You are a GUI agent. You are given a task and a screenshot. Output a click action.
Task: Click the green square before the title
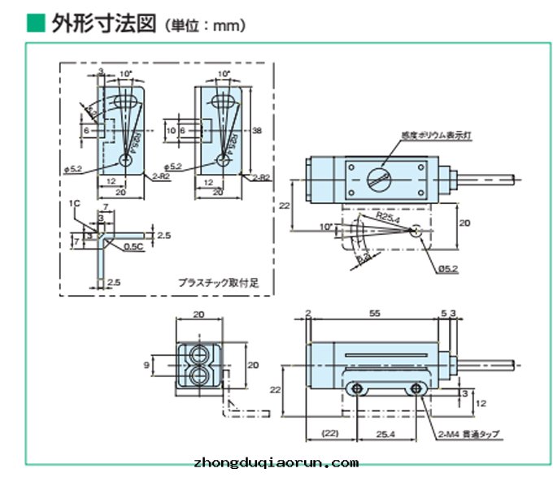tap(35, 22)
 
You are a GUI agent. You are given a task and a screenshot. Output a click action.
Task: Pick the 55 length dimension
tap(375, 312)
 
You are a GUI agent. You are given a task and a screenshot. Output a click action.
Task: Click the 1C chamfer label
tap(75, 202)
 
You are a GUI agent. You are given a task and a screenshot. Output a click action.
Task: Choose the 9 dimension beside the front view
tap(146, 365)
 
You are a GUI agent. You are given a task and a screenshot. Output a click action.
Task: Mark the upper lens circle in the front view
tap(200, 354)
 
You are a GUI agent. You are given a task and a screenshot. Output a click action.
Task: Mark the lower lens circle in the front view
tap(200, 376)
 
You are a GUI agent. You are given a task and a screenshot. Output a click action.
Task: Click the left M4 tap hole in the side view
tap(355, 391)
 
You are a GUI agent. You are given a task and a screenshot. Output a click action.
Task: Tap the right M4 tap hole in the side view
tap(417, 391)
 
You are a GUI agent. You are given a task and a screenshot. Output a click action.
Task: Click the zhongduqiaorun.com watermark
tap(276, 463)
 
